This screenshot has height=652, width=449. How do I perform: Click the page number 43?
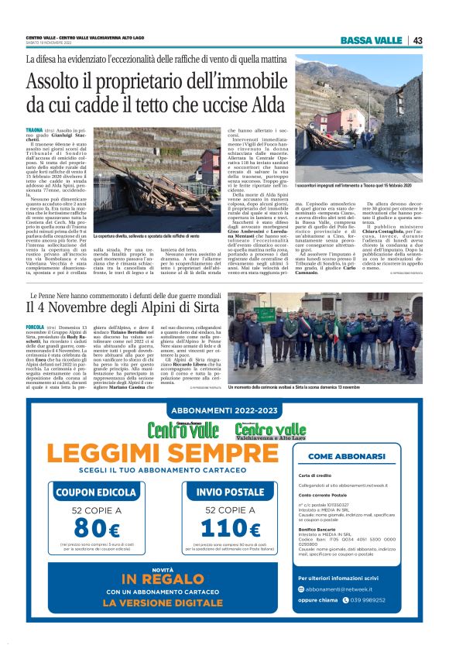point(417,40)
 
